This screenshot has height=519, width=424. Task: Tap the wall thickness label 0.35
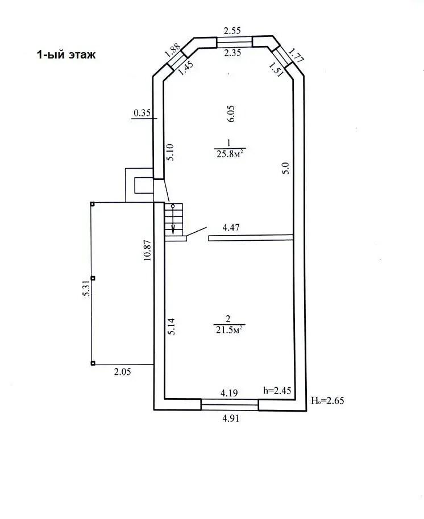coord(142,113)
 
